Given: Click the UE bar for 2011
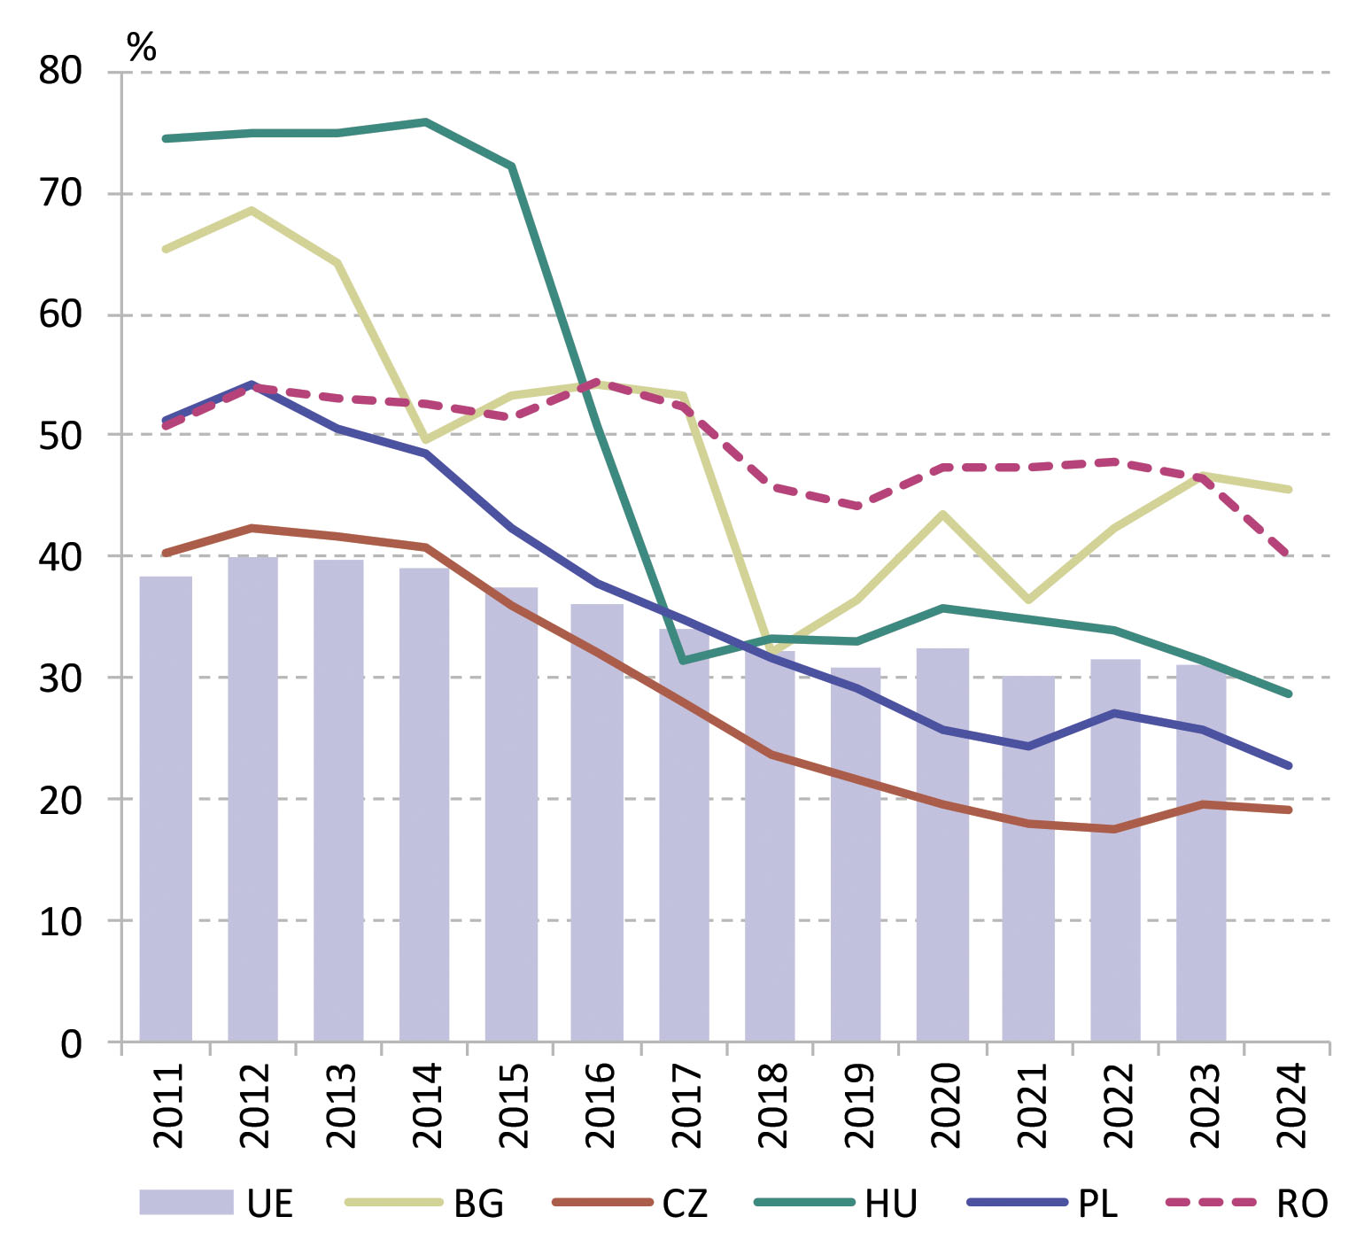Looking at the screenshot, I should (166, 808).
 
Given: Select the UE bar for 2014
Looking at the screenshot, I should (424, 804).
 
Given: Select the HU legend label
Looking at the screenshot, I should (891, 1204).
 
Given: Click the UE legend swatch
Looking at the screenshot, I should (186, 1202).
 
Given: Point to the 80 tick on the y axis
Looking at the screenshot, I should (60, 71).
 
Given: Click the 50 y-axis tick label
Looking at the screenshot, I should (60, 436).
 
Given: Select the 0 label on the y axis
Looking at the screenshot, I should (71, 1044).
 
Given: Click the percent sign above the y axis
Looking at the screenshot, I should (142, 47).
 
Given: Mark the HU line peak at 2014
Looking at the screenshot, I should (426, 121).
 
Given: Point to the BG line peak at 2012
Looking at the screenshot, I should (252, 210).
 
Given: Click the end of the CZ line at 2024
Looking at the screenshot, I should (1289, 810).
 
